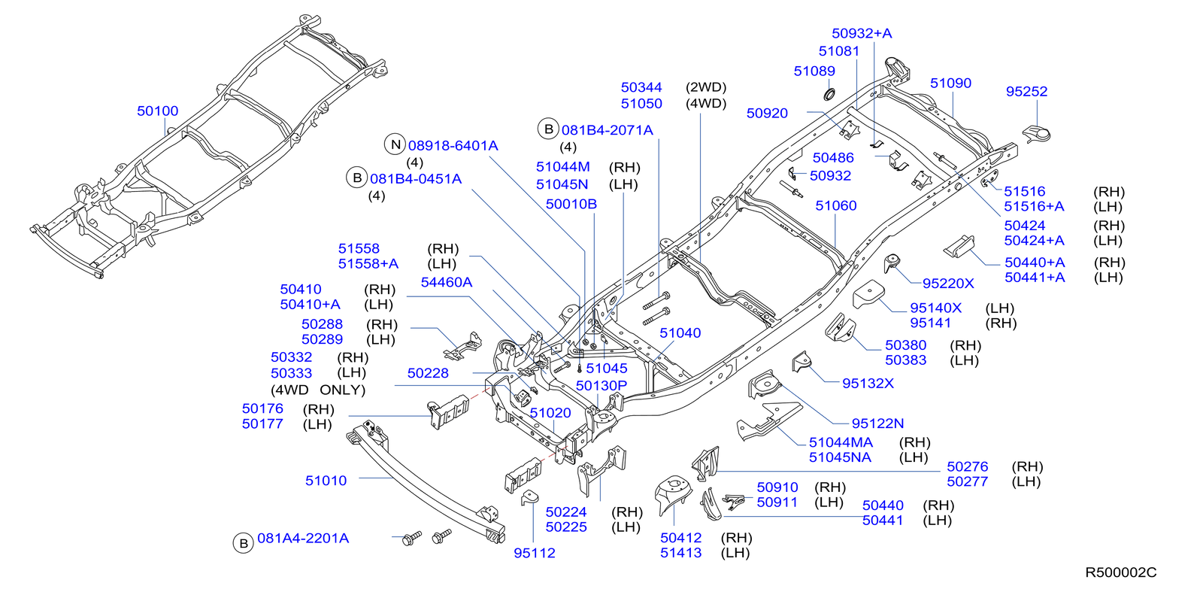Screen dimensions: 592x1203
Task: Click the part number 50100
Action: (x=158, y=111)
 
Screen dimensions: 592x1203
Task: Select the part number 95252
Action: (x=1026, y=92)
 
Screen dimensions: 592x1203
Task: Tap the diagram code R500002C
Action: (x=1120, y=572)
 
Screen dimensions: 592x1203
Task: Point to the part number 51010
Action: (x=326, y=481)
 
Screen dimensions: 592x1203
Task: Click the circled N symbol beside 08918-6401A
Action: (x=395, y=144)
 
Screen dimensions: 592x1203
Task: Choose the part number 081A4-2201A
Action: (x=303, y=539)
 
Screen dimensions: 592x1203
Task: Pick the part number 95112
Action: (x=535, y=553)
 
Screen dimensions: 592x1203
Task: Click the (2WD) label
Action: (x=705, y=88)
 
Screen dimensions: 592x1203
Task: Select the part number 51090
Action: (x=950, y=83)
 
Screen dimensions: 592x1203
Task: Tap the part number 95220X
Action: (x=948, y=284)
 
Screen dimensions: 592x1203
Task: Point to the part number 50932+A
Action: (x=862, y=34)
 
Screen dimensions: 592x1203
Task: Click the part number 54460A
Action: (x=447, y=283)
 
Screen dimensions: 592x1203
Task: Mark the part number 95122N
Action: (x=877, y=424)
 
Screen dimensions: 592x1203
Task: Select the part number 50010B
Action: (x=571, y=205)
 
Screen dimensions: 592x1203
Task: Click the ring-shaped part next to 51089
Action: (x=829, y=94)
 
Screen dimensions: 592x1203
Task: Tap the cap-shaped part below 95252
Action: (x=1038, y=134)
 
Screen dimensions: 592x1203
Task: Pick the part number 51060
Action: (x=836, y=206)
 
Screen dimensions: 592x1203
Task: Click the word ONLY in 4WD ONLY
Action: (x=342, y=390)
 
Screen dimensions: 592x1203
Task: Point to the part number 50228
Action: (x=428, y=373)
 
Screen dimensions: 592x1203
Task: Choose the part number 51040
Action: (x=680, y=333)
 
